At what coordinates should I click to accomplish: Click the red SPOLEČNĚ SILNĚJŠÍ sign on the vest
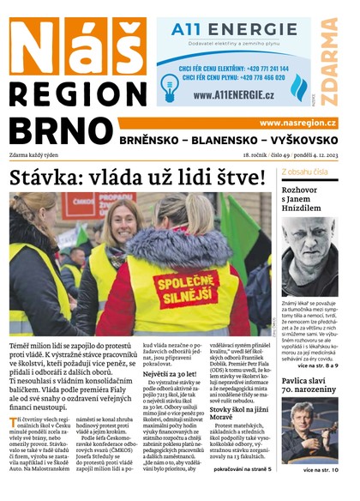pyautogui.click(x=188, y=287)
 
